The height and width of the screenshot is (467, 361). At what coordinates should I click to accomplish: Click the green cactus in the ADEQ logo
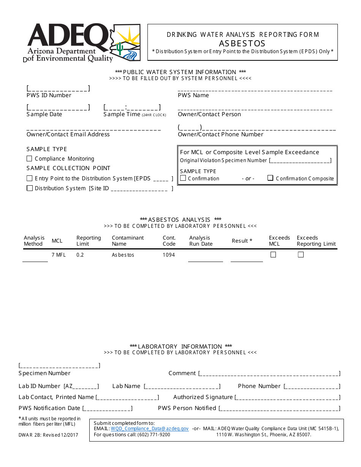(x=120, y=49)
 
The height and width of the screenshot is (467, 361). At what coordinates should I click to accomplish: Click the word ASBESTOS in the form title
(x=242, y=43)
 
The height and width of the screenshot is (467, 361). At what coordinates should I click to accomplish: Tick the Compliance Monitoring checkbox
(x=29, y=159)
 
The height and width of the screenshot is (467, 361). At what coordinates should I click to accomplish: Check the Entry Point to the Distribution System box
(x=29, y=178)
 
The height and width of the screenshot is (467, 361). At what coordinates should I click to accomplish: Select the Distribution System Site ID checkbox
(x=29, y=188)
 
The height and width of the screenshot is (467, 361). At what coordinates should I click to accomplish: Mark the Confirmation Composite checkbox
(x=270, y=178)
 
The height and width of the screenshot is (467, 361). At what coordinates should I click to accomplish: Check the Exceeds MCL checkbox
(x=273, y=255)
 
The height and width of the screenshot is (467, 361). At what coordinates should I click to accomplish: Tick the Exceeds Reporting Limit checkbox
(x=301, y=255)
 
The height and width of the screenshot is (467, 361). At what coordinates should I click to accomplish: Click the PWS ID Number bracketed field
(x=58, y=88)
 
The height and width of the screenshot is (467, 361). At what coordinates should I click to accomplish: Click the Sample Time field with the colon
(x=132, y=107)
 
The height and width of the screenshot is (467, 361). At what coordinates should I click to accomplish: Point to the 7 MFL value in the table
(x=59, y=255)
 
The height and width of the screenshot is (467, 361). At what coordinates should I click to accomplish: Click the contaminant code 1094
(x=169, y=255)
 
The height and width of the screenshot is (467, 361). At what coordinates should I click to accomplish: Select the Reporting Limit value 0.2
(x=80, y=255)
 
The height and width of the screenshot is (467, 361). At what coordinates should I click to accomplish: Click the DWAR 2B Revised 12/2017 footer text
(x=48, y=435)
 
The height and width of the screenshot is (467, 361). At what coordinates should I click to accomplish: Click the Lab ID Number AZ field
(x=81, y=387)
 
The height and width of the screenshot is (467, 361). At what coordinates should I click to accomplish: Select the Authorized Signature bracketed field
(x=287, y=398)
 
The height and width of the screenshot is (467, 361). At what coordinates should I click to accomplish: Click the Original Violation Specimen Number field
(x=300, y=161)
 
